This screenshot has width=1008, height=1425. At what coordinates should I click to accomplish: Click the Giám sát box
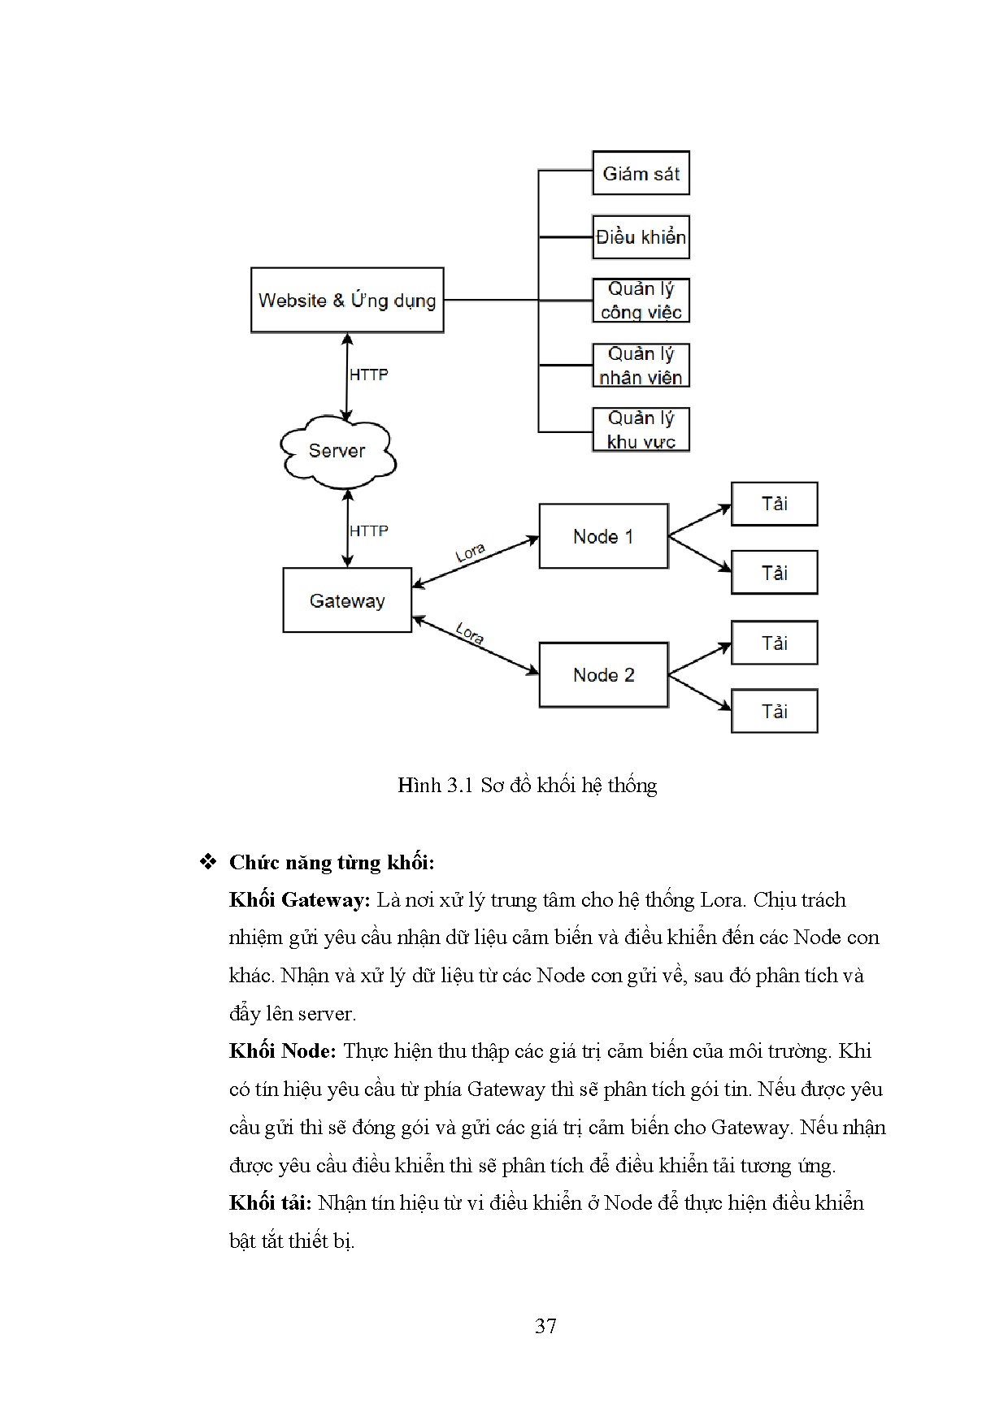click(x=641, y=173)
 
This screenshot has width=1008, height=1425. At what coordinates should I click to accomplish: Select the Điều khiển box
click(x=641, y=237)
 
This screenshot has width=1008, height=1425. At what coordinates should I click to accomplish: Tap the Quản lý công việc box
click(x=641, y=301)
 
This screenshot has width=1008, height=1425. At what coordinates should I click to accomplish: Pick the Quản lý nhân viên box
click(x=641, y=366)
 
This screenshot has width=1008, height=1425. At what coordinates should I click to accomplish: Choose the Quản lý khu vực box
click(x=641, y=430)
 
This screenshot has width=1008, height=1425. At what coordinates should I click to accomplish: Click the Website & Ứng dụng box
click(x=347, y=301)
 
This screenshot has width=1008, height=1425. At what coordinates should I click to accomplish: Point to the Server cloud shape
click(x=337, y=452)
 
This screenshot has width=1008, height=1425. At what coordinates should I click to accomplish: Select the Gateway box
click(x=347, y=600)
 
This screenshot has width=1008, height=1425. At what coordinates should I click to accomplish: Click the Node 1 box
click(x=603, y=536)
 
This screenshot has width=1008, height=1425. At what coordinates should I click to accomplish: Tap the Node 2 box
click(x=603, y=675)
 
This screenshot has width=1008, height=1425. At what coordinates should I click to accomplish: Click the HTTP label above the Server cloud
click(x=368, y=375)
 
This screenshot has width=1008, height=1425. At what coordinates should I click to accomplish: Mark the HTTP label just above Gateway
click(x=368, y=531)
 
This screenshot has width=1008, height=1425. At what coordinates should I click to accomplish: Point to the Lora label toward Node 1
click(x=471, y=553)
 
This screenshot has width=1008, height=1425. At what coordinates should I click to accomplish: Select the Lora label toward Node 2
click(x=470, y=634)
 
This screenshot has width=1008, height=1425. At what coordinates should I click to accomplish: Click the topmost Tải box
click(x=774, y=504)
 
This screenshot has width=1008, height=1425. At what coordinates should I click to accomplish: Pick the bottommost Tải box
click(x=774, y=712)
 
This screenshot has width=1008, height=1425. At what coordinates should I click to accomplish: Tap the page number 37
click(x=545, y=1326)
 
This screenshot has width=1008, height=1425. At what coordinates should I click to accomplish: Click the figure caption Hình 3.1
click(x=527, y=785)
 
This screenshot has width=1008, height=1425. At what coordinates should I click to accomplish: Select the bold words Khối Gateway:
click(x=300, y=900)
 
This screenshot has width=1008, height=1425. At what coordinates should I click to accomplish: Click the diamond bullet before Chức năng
click(x=207, y=862)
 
